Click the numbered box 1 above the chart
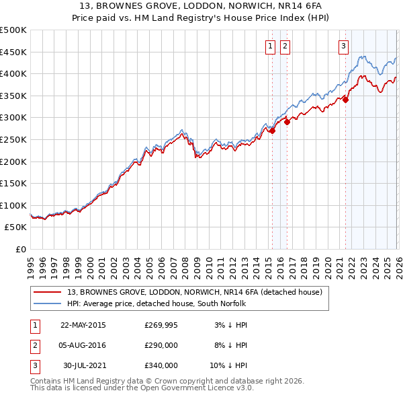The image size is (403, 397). click(269, 46)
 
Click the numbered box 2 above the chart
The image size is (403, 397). click(285, 46)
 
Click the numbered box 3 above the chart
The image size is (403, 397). click(343, 46)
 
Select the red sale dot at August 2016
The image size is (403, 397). click(287, 122)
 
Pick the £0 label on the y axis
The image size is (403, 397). click(21, 249)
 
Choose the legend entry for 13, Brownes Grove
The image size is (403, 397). click(195, 292)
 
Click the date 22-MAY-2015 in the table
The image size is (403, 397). click(83, 325)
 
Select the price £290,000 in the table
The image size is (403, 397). click(161, 345)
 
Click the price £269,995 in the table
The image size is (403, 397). click(161, 325)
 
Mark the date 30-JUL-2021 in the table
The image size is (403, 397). click(83, 365)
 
